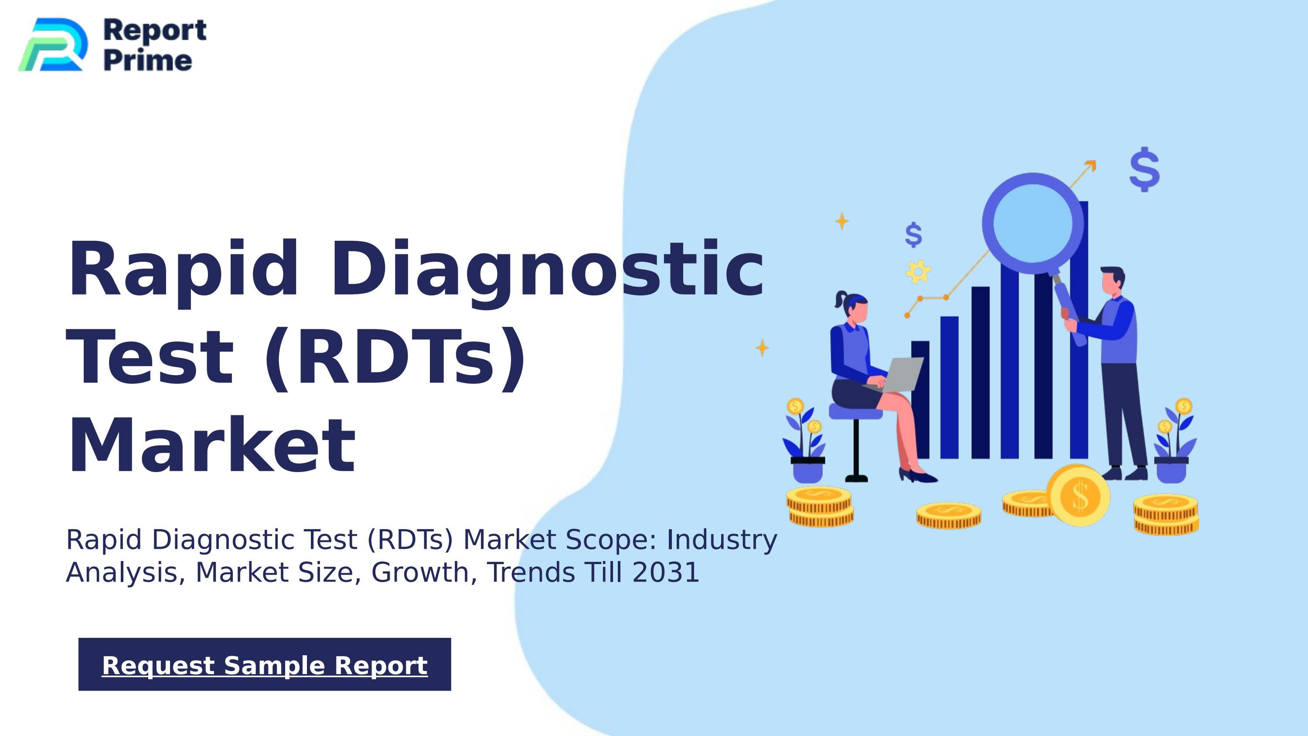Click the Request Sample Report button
click(265, 664)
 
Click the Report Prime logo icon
click(53, 45)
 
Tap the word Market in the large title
click(211, 446)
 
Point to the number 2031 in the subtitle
click(666, 572)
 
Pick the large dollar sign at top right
click(1144, 169)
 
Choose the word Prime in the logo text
click(148, 61)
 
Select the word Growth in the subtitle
click(423, 572)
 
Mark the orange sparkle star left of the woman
click(762, 348)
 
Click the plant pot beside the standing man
click(1171, 470)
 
